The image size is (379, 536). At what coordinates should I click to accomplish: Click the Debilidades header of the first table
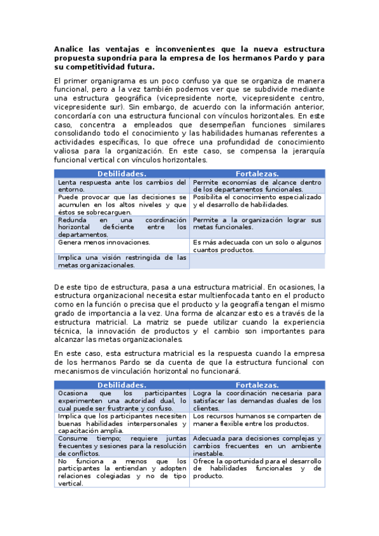[x=121, y=174]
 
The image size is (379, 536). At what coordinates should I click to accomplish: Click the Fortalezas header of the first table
[x=257, y=174]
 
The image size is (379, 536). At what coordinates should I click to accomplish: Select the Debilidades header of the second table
[x=121, y=384]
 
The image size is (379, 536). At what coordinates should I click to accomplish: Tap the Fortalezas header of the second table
[x=257, y=384]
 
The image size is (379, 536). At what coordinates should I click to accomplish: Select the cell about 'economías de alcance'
[x=257, y=186]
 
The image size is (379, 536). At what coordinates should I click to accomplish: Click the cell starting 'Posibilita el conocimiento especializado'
[x=257, y=201]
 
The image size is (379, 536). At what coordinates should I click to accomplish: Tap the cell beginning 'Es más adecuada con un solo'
[x=257, y=246]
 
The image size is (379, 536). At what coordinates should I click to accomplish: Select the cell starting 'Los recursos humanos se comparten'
[x=257, y=420]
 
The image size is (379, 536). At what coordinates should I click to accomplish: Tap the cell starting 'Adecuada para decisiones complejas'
[x=257, y=445]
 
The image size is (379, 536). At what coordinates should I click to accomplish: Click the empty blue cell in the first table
[x=257, y=261]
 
